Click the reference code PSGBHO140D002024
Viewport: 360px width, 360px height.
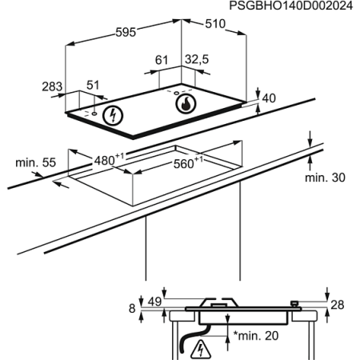tap(291, 6)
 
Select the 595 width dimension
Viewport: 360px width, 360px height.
tap(126, 32)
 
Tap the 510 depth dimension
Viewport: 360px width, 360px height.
tap(215, 24)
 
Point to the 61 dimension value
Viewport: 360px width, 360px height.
tap(162, 60)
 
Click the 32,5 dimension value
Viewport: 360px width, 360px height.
tap(197, 59)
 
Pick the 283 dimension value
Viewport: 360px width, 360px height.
tap(52, 86)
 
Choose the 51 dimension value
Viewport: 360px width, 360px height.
tap(93, 85)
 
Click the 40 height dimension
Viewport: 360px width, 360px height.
tap(269, 98)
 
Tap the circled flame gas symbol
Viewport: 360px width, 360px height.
tap(186, 104)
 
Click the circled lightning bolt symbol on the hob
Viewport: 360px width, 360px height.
tap(113, 115)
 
